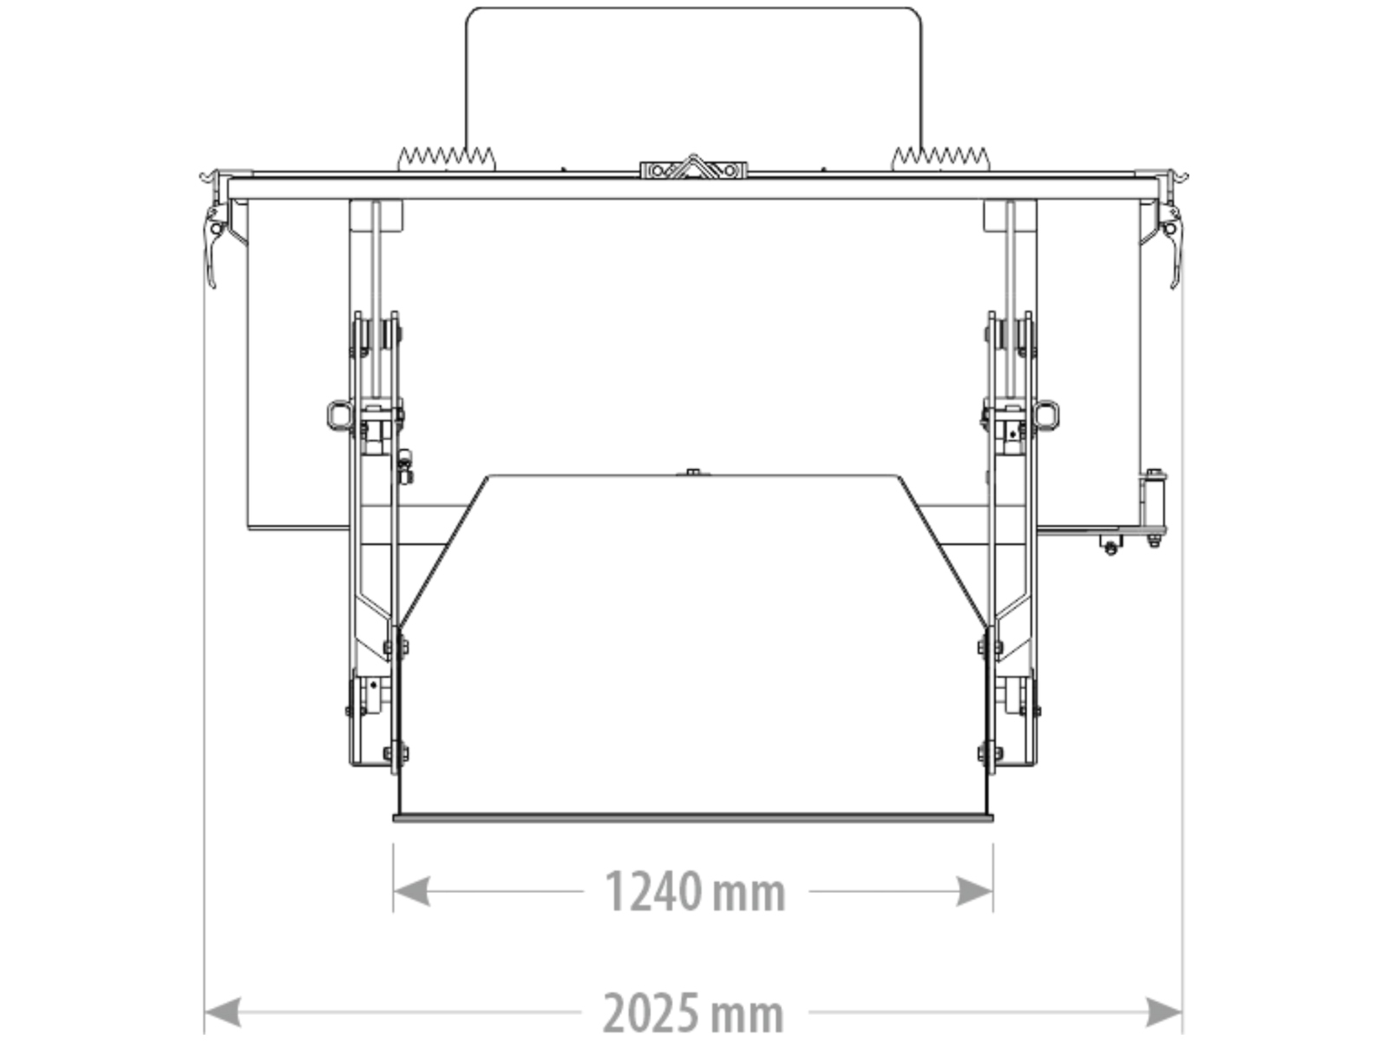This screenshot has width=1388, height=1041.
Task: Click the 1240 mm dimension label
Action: pyautogui.click(x=695, y=891)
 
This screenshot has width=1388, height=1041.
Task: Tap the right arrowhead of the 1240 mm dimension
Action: pyautogui.click(x=974, y=891)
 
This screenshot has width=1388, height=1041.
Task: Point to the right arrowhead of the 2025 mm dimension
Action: pyautogui.click(x=1163, y=1012)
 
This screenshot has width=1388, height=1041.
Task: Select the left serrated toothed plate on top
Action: pyautogui.click(x=447, y=160)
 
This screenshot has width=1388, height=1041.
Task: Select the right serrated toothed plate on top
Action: pyautogui.click(x=940, y=160)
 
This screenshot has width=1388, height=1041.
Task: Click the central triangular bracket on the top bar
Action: pyautogui.click(x=693, y=168)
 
